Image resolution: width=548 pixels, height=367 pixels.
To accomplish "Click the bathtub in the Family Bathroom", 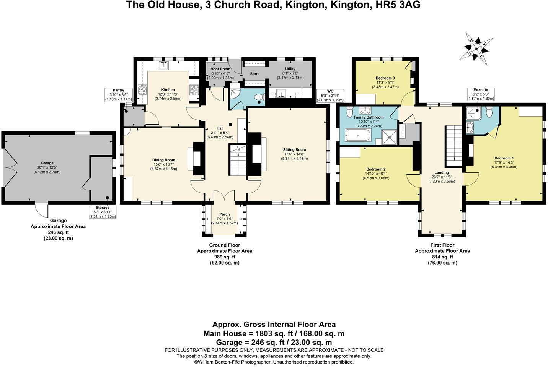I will pos(358,135).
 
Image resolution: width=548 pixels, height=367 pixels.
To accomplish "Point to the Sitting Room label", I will pos(294,149).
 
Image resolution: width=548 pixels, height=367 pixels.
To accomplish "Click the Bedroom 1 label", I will pos(504,158).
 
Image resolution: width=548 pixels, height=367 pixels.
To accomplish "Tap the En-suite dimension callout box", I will pos(481,94).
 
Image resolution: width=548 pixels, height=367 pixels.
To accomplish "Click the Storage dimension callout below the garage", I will pos(102,212).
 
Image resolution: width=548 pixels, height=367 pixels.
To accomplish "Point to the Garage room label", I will pos(47,163).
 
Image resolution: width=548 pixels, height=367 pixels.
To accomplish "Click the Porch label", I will pos(224,214).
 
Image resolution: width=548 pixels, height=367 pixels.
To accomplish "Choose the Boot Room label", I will pos(220,69).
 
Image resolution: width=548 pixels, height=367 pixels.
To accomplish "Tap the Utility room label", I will pos(290,69).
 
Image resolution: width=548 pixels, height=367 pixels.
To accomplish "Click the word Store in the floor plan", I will pos(254,74).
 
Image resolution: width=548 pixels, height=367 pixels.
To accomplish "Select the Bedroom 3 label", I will pos(385,78).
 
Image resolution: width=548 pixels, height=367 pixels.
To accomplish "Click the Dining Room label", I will pos(163,160).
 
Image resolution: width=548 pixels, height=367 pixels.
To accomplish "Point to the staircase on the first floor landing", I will pos(454,144).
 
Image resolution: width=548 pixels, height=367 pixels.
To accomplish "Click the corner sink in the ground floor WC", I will pos(235,95).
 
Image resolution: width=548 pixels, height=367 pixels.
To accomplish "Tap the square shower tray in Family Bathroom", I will pos(389,135).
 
